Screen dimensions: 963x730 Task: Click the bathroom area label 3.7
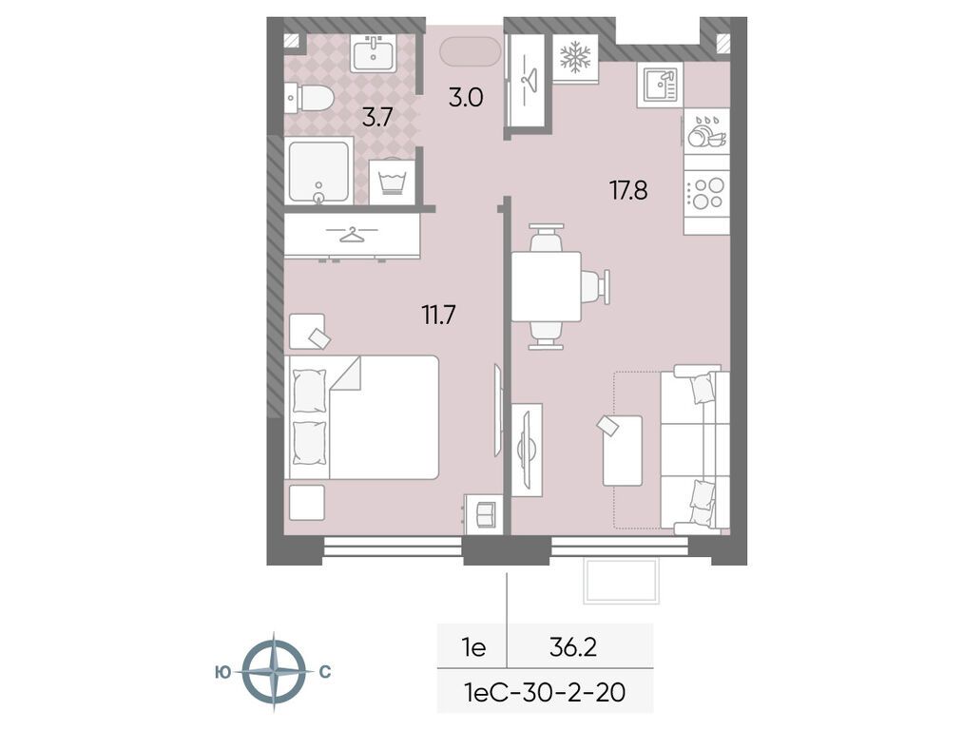click(376, 117)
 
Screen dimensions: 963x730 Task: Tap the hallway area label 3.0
click(466, 97)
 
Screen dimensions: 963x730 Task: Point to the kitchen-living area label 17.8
click(628, 190)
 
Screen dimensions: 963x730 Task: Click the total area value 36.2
click(573, 647)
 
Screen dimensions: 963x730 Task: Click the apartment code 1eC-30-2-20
click(545, 693)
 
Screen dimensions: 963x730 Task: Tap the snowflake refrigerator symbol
click(575, 57)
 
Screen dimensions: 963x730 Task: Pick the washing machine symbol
click(393, 182)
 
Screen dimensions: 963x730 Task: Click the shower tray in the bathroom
click(318, 171)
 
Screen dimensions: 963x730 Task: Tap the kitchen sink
click(660, 86)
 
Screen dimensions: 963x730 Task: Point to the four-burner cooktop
click(707, 193)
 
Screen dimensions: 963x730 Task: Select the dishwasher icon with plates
click(707, 131)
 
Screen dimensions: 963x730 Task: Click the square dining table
click(546, 287)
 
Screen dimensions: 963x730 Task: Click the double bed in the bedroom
click(362, 417)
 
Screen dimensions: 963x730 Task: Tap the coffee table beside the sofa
click(622, 451)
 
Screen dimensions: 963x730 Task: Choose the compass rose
click(273, 672)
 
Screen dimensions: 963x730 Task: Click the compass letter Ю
click(223, 673)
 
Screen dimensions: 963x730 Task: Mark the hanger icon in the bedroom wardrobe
click(352, 234)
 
